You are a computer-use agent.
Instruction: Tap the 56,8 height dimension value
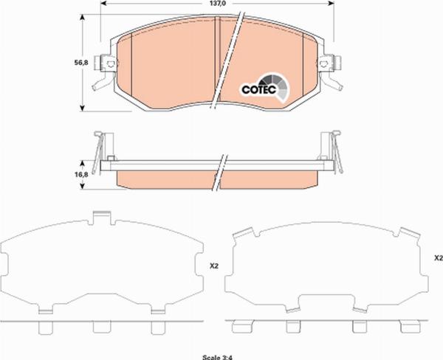click(81, 63)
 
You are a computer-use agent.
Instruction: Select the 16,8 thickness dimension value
click(81, 175)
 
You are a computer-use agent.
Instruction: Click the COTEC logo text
click(259, 89)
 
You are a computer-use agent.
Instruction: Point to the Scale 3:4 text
click(217, 358)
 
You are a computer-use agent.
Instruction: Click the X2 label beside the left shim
click(214, 266)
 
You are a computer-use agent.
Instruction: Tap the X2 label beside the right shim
click(439, 257)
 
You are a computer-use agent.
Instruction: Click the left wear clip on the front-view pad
click(105, 72)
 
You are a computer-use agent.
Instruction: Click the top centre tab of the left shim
click(102, 218)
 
